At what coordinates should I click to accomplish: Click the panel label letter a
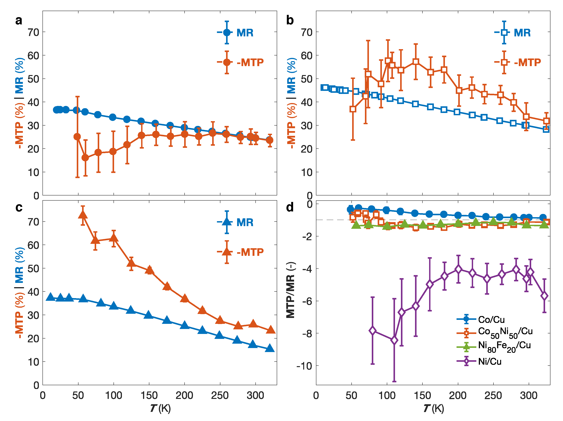coord(19,21)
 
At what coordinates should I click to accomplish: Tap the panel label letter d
coord(290,207)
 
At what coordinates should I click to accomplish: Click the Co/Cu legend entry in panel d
coord(491,319)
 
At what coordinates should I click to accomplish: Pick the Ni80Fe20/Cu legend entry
coord(504,347)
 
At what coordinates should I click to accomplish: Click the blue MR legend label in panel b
coord(522,33)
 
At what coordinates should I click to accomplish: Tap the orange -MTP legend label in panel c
coord(250,252)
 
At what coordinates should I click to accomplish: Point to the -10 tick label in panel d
coord(304,366)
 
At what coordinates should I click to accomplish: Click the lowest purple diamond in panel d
coord(394,340)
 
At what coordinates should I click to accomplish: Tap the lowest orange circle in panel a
coord(85,158)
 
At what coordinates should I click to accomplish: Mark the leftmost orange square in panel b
coord(353,109)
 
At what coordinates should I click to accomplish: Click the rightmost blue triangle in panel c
coord(270,348)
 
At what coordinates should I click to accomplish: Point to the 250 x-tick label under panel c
coord(220,396)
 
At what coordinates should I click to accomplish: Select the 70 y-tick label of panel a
coord(33,32)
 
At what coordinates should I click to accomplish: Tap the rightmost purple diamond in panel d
coord(544,296)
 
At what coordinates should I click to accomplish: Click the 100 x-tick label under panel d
coord(387,396)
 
